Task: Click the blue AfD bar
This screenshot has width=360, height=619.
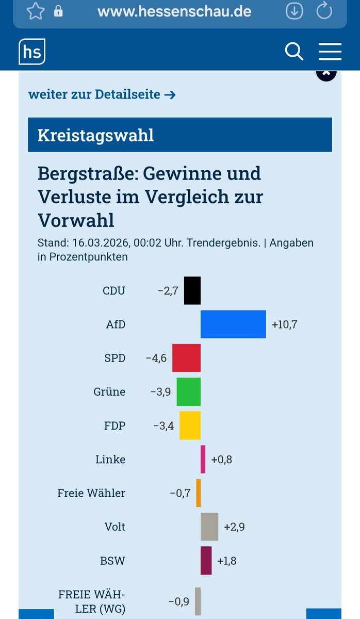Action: (233, 324)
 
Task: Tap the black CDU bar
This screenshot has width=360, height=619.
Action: (192, 290)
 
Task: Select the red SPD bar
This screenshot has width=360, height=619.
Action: (186, 357)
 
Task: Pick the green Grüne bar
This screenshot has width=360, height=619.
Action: (188, 392)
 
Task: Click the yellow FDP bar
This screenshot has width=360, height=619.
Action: (190, 426)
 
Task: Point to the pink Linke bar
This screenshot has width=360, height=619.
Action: (203, 459)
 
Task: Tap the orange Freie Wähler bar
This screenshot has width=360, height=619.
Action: (199, 493)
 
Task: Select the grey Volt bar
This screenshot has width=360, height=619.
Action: (209, 527)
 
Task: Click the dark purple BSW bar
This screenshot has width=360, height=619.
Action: (206, 560)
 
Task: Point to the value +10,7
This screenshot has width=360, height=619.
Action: (285, 324)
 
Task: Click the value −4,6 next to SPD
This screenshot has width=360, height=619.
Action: (156, 358)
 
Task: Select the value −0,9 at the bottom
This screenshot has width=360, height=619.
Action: (178, 601)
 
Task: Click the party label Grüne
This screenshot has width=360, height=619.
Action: (109, 392)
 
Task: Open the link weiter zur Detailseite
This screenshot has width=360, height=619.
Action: (102, 94)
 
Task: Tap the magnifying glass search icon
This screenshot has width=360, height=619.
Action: (294, 52)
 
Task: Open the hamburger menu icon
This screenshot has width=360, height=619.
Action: (330, 52)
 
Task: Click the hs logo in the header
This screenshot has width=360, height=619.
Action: (32, 52)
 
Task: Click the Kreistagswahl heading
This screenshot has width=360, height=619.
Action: (95, 135)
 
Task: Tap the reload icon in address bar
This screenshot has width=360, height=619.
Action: (324, 11)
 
